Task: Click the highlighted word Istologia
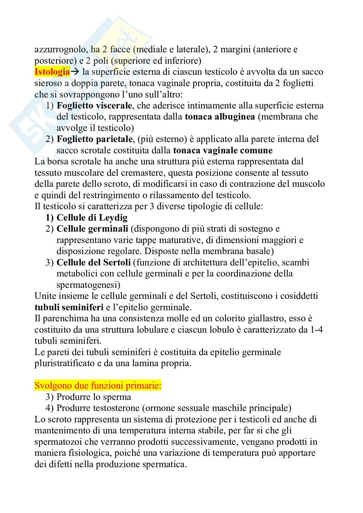coord(52,72)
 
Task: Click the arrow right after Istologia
coord(75,72)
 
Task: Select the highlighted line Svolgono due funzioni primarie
coord(98,386)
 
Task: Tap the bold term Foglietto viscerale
coord(94,106)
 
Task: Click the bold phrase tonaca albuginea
coord(220,117)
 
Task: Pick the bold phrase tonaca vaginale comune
coord(223,150)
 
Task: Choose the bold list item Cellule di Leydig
coord(92,218)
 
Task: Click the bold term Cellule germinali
coord(92,229)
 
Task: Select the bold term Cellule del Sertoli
coord(94,263)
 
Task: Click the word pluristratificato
coord(64,364)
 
